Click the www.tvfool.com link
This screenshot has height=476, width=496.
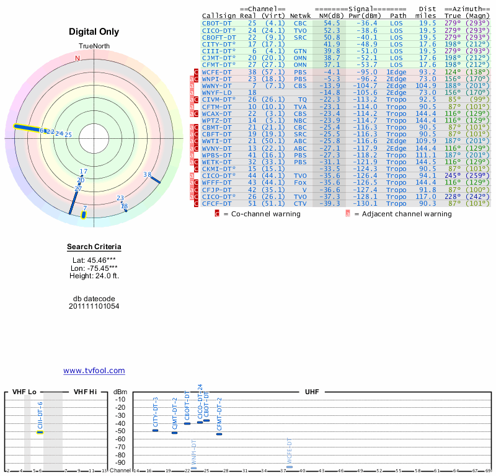tap(94, 371)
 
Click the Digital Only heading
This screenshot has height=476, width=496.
tap(94, 32)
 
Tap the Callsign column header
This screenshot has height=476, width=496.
tap(218, 15)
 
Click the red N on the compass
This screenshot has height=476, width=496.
tap(77, 58)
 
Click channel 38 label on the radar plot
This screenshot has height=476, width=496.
tap(148, 175)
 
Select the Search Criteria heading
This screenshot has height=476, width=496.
tap(94, 247)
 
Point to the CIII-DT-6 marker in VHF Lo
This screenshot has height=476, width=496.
tap(40, 431)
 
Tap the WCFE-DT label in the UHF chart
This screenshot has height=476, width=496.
tap(289, 452)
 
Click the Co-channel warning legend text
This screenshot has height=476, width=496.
tap(262, 214)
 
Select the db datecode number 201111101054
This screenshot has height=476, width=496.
tap(94, 306)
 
